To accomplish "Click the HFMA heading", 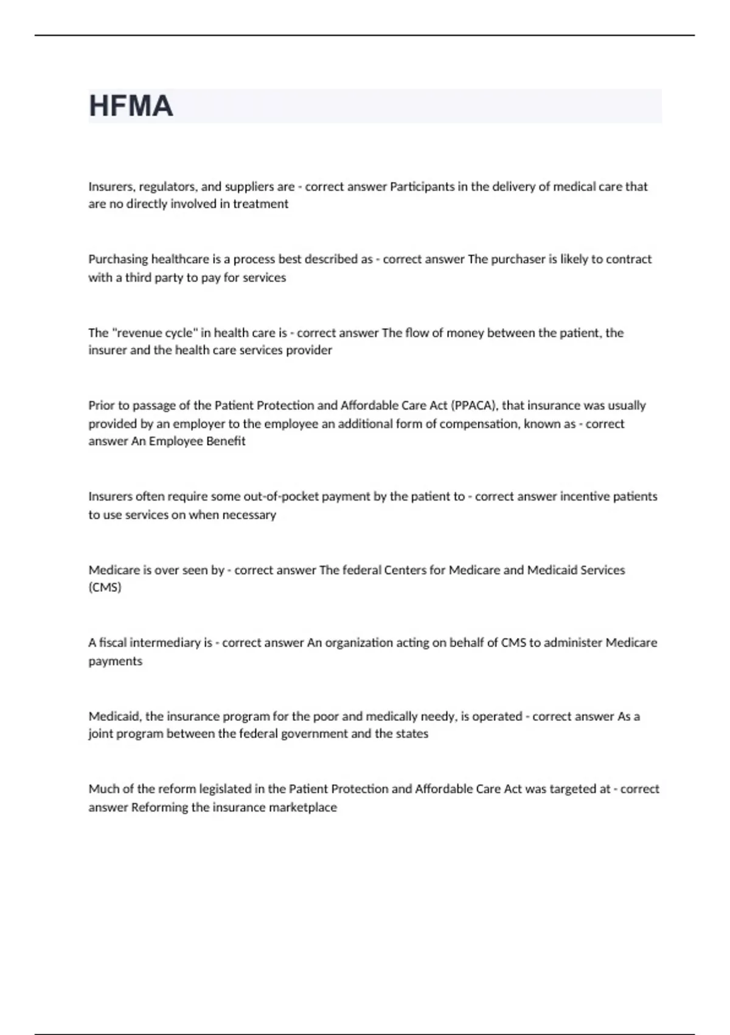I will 131,106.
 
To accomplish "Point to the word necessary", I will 249,515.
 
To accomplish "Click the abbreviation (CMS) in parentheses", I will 105,588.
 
